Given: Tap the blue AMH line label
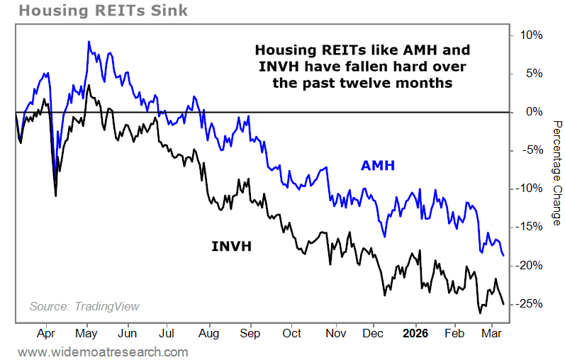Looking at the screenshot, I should (378, 166).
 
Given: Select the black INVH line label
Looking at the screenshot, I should (232, 247).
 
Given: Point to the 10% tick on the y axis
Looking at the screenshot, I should (531, 35).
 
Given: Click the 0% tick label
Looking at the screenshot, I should (533, 112).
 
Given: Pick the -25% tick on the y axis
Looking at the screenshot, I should (530, 303).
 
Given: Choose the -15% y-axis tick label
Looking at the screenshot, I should (530, 227).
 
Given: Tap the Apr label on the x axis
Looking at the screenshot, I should (46, 333).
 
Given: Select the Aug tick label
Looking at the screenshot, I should (208, 333).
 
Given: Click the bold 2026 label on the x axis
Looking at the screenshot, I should (413, 333).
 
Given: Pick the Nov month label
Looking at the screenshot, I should (336, 333).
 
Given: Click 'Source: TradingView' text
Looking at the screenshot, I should (84, 306).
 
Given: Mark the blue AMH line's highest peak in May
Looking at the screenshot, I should (89, 41).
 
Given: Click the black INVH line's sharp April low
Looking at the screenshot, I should (56, 196).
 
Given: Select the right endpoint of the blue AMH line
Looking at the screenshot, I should (503, 255).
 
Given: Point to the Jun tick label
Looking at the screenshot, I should (128, 333).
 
